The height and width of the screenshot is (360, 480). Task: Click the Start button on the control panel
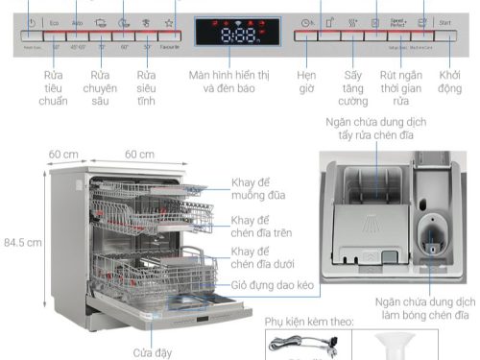[444, 21]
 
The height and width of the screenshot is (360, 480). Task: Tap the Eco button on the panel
[55, 21]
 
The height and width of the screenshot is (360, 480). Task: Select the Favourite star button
[169, 21]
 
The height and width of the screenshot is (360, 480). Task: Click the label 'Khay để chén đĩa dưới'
[262, 258]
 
